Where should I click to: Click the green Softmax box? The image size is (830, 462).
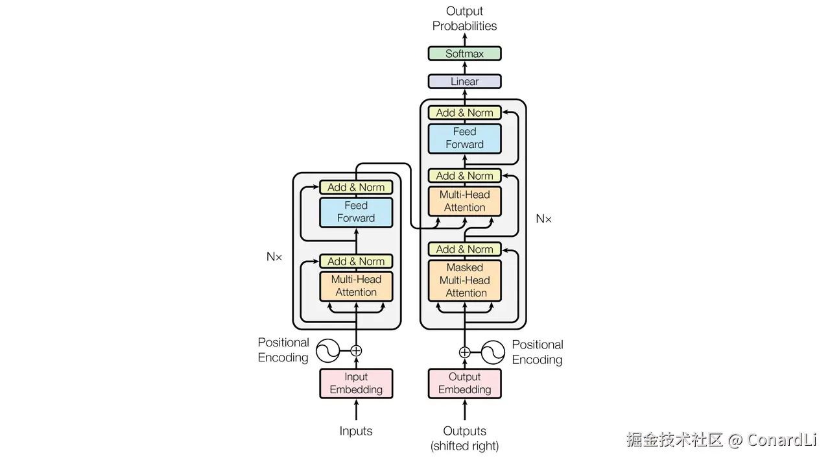click(x=464, y=54)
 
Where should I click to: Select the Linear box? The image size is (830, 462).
click(x=464, y=82)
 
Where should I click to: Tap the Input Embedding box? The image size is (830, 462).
click(x=356, y=383)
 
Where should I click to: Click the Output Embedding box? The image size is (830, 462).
click(x=464, y=383)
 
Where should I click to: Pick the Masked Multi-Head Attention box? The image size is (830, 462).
click(x=464, y=280)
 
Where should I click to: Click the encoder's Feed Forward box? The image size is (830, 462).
click(x=356, y=212)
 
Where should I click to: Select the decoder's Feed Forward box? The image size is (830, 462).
click(x=464, y=138)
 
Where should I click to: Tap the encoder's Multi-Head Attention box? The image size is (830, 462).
click(x=356, y=286)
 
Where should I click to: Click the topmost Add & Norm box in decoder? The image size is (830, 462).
click(x=464, y=113)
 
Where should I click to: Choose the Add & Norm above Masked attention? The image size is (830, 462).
click(x=464, y=250)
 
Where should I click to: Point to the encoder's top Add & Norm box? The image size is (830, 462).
click(x=356, y=188)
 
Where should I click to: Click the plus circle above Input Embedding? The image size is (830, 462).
click(x=356, y=351)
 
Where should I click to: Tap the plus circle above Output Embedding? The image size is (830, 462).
click(x=464, y=353)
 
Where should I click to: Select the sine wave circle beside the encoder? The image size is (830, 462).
click(x=328, y=352)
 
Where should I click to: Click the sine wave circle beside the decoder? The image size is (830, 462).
click(x=493, y=353)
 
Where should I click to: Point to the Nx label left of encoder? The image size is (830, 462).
click(x=274, y=257)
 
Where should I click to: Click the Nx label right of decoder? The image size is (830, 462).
click(x=543, y=219)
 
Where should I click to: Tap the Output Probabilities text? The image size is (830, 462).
click(x=464, y=19)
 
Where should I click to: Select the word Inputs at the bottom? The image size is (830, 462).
click(x=356, y=431)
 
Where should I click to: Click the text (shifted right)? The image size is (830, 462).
click(x=464, y=446)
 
